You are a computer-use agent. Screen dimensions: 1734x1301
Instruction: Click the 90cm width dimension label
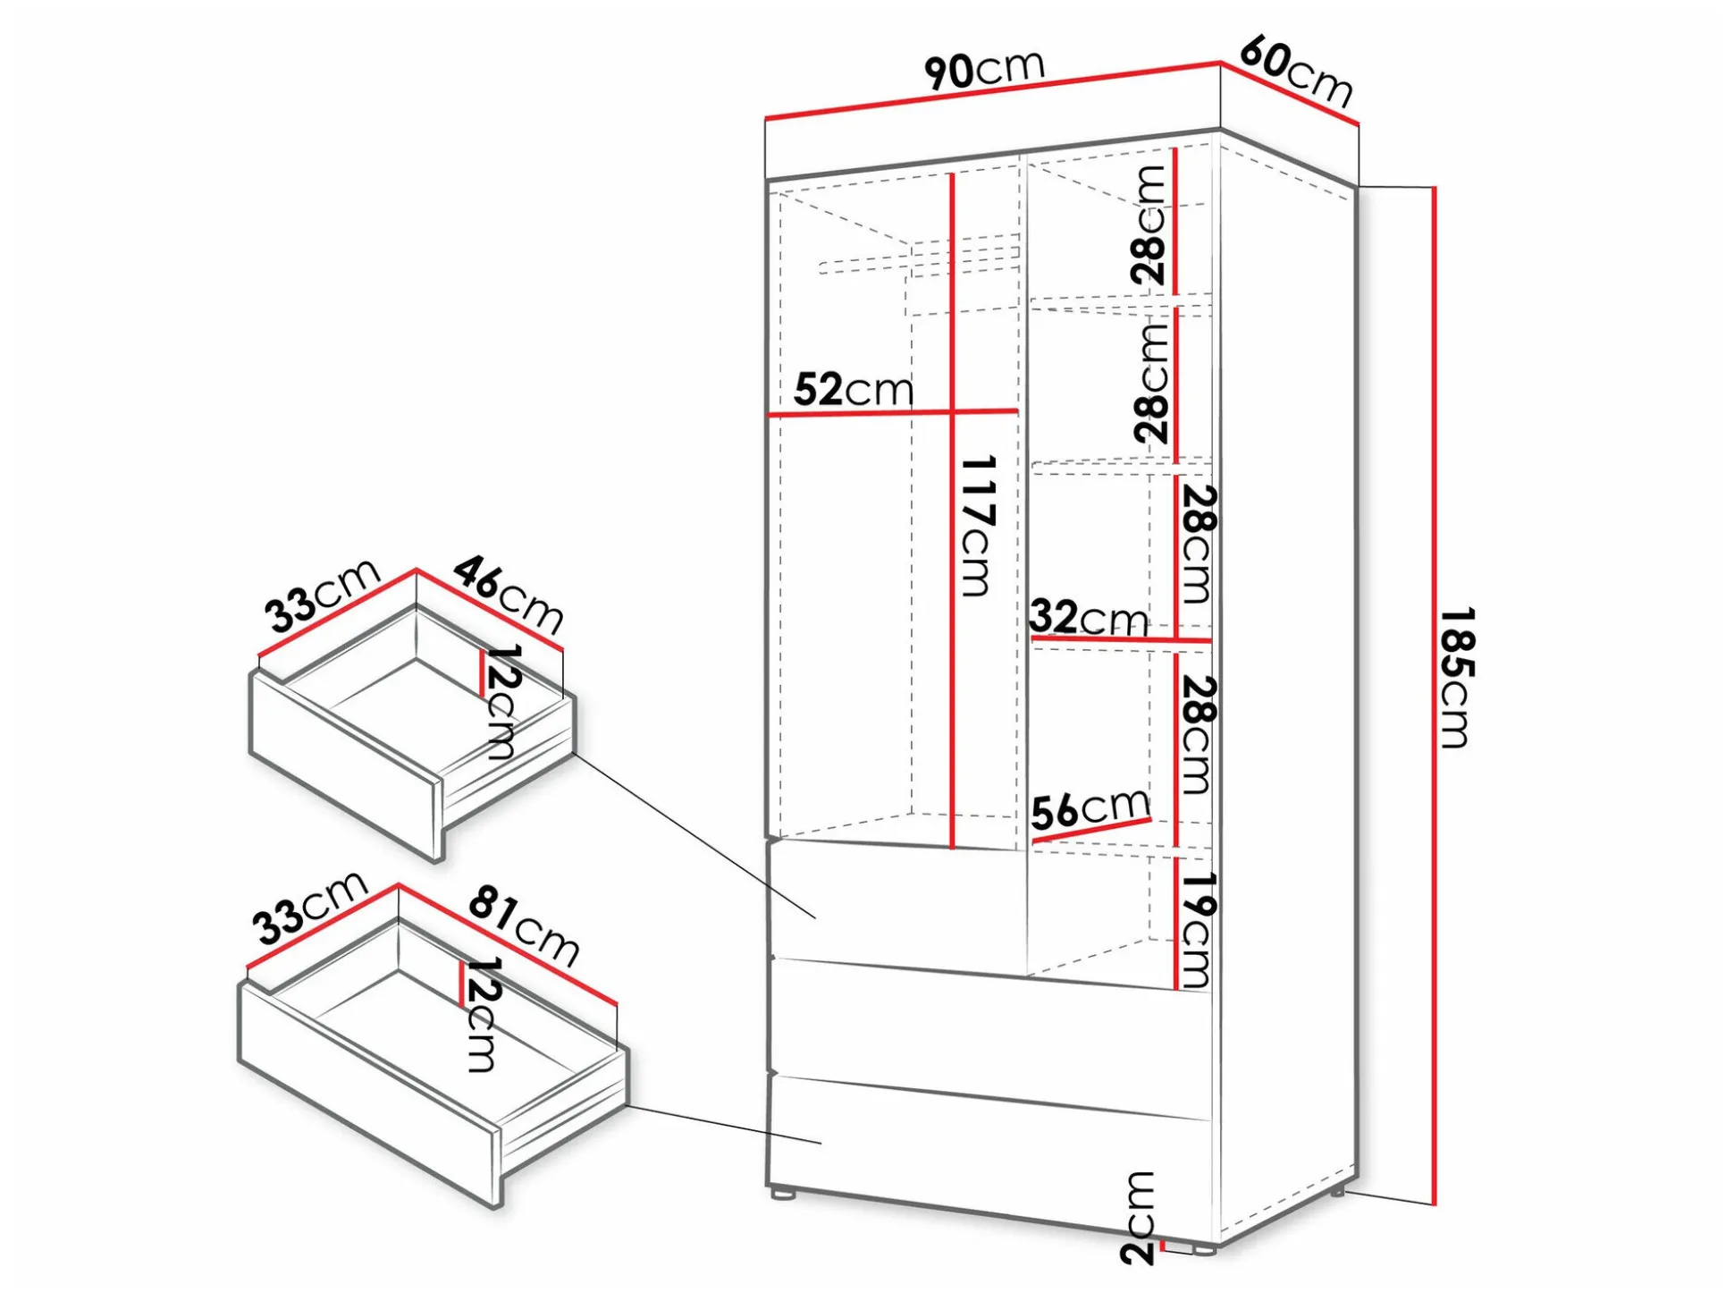tap(984, 68)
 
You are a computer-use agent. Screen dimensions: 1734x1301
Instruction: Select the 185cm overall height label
tap(1455, 677)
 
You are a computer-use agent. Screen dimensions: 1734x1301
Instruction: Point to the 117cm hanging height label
tap(976, 526)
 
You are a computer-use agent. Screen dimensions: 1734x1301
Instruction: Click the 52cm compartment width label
tap(854, 390)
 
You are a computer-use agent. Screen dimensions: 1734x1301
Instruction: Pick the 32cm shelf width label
tap(1089, 617)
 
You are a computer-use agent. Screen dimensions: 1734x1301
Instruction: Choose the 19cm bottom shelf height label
tap(1195, 930)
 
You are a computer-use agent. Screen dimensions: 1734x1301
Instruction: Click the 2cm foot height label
tap(1139, 1217)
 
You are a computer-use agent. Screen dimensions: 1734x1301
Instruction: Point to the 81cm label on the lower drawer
tap(524, 925)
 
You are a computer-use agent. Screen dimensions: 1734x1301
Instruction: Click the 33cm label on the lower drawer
tap(310, 908)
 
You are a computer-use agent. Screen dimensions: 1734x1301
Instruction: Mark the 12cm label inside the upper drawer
tap(501, 702)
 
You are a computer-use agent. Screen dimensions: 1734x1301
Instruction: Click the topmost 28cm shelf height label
tap(1149, 225)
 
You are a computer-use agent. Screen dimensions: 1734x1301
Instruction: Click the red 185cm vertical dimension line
tap(1434, 696)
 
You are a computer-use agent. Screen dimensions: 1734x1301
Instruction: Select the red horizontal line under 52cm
tap(892, 412)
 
